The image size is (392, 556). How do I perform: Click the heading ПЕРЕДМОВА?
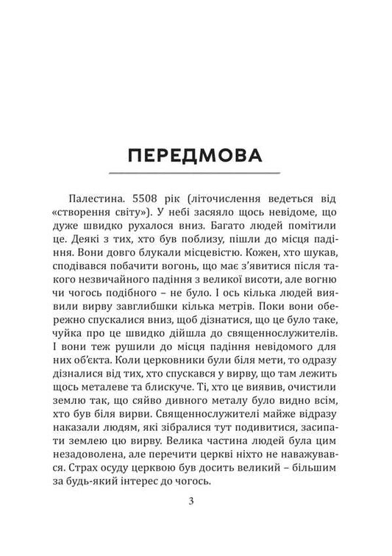[196, 157]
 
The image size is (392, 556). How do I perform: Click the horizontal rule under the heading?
[196, 174]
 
